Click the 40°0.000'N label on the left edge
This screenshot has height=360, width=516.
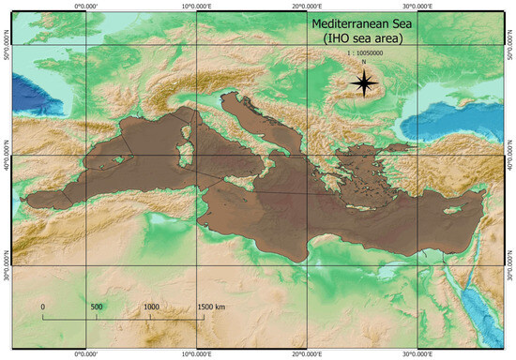(6, 155)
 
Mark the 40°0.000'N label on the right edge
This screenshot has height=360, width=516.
(510, 155)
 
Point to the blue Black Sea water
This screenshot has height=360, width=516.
(450, 117)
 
